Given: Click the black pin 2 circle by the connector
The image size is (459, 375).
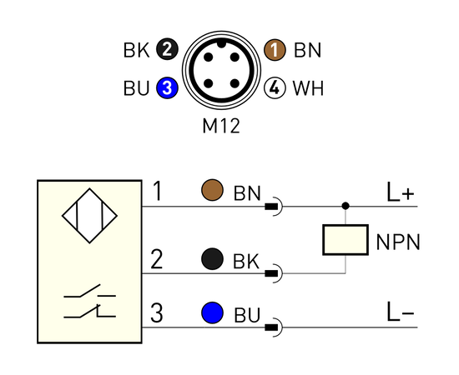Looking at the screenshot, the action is [167, 50].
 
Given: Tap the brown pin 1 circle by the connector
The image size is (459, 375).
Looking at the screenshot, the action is [275, 50].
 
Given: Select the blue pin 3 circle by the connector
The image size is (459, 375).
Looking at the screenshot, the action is [167, 87].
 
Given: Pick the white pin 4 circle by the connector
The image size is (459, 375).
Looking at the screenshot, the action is [275, 87].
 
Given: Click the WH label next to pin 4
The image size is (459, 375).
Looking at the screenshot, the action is [308, 88].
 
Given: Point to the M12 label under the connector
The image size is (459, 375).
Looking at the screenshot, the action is [221, 126].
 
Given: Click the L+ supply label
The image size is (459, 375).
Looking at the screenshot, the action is [401, 192].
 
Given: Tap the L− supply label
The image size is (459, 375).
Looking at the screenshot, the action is [401, 312].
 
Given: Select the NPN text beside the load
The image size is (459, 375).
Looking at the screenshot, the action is [398, 242].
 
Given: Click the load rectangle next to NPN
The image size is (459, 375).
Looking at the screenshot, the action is [346, 240].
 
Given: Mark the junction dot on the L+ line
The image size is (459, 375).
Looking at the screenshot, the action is [346, 206].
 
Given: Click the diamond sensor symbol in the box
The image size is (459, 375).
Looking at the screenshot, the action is [89, 216].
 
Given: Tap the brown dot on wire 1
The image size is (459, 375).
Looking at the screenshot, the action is [212, 190].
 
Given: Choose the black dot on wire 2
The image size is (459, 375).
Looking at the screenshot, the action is [212, 259].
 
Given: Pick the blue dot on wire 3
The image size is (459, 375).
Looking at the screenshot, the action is [212, 312].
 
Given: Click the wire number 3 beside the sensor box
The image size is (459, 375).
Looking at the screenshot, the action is [157, 312].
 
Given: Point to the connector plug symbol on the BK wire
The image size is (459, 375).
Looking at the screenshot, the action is [274, 273].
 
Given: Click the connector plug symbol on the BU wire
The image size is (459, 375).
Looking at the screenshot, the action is [274, 327].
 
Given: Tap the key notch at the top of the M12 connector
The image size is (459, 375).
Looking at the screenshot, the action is [222, 44].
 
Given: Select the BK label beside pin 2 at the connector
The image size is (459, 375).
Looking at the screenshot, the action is [136, 50].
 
